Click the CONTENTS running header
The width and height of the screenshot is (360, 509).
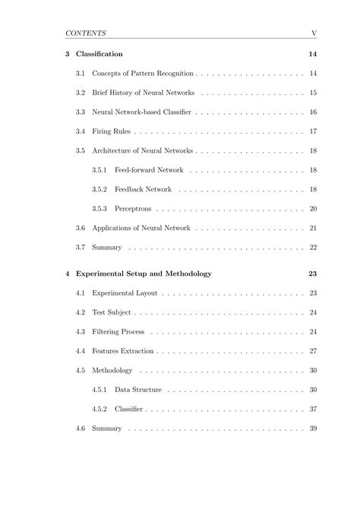85,33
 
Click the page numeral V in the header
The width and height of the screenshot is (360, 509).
313,33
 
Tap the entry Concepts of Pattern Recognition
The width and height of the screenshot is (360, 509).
143,74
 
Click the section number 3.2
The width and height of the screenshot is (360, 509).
81,93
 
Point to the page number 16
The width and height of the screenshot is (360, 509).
313,112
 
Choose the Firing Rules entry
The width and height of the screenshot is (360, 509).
113,131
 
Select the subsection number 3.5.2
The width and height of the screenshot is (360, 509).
99,189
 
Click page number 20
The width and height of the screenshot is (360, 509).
313,209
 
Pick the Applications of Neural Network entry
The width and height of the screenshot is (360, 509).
141,228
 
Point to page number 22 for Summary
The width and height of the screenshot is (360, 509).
313,248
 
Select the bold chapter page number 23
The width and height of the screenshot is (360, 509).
313,273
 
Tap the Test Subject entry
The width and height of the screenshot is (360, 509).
112,312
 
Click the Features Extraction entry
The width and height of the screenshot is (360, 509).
122,351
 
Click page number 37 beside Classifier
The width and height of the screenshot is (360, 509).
313,409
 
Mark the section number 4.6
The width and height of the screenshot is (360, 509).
81,428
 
